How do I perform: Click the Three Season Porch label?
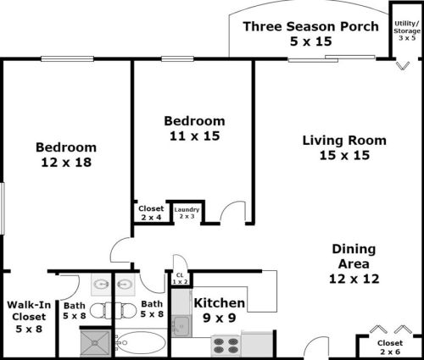pos(311,25)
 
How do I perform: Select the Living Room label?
pos(344,140)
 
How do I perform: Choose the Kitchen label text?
pos(220,303)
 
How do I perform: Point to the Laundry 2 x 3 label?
pos(186,213)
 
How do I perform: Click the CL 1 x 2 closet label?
pos(180,277)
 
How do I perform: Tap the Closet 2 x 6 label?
pos(391,347)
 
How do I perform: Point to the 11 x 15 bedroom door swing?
pos(231,213)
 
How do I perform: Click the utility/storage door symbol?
pos(402,64)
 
